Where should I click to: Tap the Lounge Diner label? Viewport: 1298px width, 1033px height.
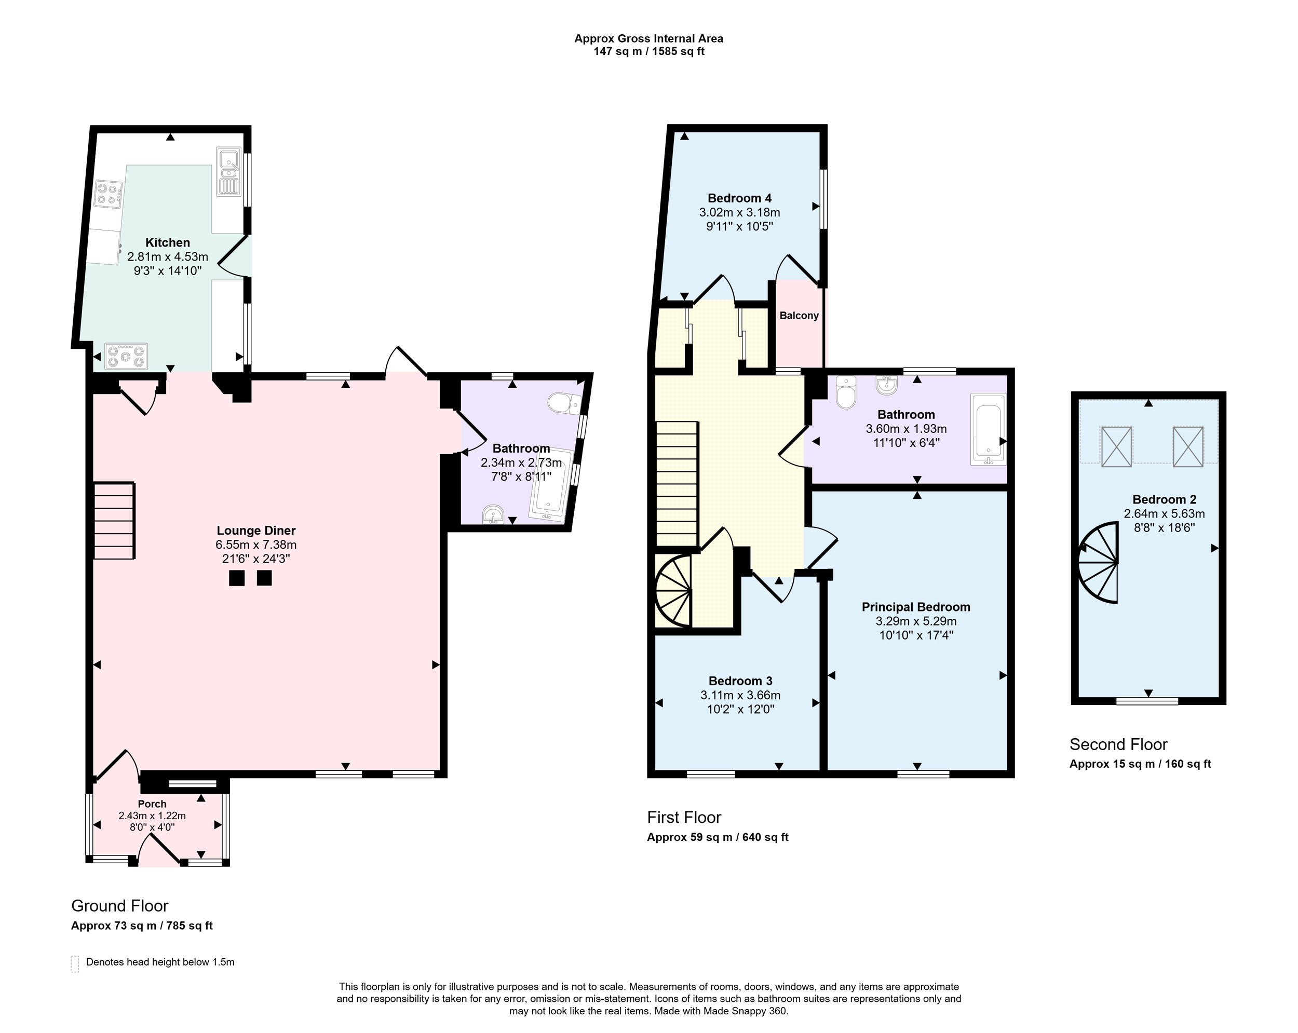pyautogui.click(x=256, y=531)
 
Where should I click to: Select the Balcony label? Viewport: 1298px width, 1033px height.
pyautogui.click(x=799, y=316)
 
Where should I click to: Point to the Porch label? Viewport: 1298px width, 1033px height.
pyautogui.click(x=152, y=804)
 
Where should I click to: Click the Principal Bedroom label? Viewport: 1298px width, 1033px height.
pyautogui.click(x=916, y=607)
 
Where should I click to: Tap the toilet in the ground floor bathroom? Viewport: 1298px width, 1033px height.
pyautogui.click(x=565, y=403)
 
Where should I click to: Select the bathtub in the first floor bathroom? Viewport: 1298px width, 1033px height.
pyautogui.click(x=988, y=429)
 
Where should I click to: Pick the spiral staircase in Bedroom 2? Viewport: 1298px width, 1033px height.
pyautogui.click(x=1098, y=563)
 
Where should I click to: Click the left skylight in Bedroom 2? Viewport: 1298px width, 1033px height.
pyautogui.click(x=1116, y=446)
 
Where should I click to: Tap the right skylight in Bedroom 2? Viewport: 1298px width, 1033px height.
pyautogui.click(x=1188, y=446)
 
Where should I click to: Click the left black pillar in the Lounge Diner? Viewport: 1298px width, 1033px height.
pyautogui.click(x=237, y=578)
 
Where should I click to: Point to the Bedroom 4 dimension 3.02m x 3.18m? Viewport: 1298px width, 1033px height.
pyautogui.click(x=739, y=212)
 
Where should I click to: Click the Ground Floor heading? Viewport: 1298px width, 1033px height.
pyautogui.click(x=120, y=905)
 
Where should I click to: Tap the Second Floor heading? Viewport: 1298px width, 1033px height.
pyautogui.click(x=1118, y=745)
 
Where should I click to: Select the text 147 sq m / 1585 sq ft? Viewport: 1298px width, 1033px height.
pyautogui.click(x=649, y=51)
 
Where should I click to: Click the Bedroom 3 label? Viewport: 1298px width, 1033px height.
pyautogui.click(x=740, y=681)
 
